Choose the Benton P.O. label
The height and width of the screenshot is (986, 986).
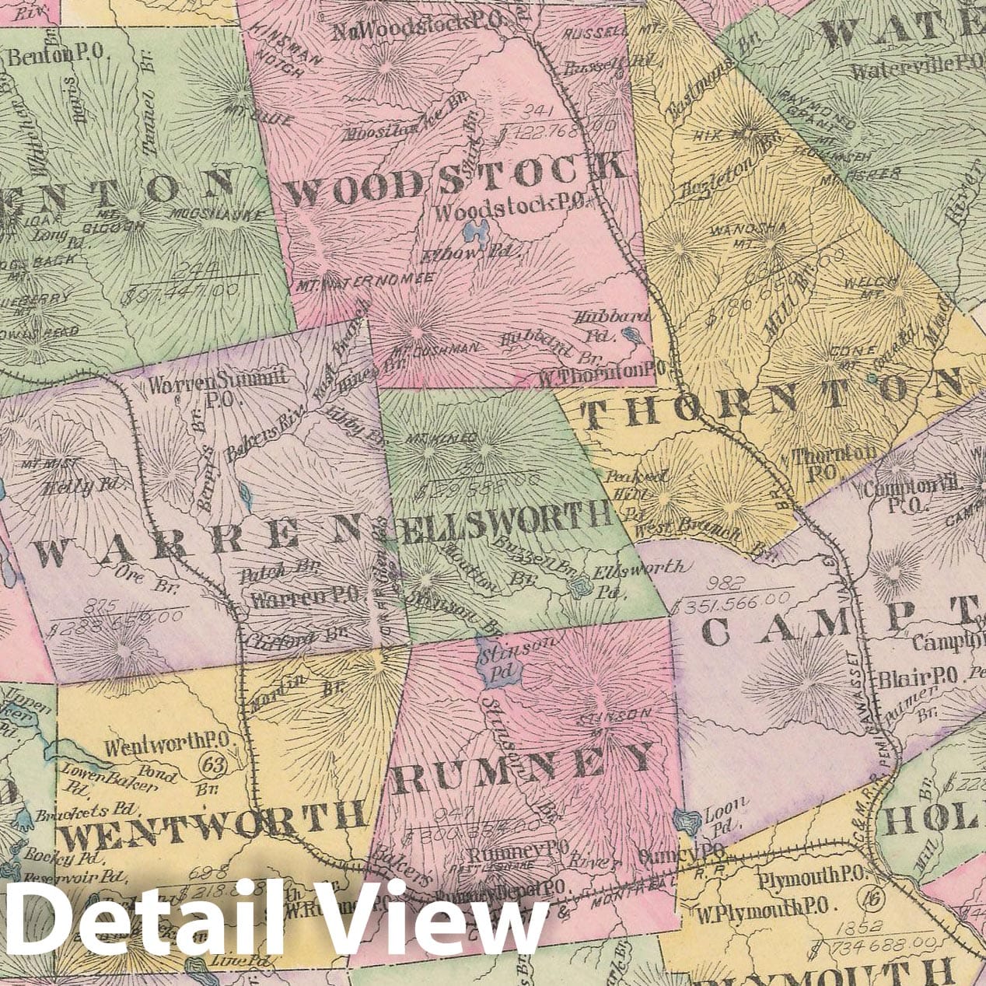[x=59, y=54]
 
